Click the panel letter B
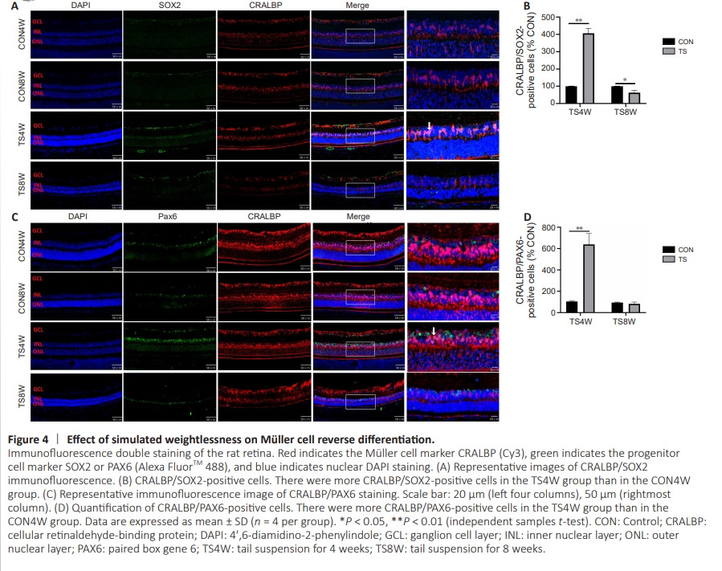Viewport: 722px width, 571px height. point(527,6)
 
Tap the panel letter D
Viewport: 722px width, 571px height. point(527,217)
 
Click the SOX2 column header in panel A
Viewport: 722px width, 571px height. point(169,6)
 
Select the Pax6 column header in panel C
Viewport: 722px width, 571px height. point(169,217)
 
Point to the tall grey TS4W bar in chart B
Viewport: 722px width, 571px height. point(588,68)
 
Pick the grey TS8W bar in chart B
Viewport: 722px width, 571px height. point(634,98)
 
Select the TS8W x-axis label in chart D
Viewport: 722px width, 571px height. point(626,321)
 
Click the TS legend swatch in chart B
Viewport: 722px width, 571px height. point(667,51)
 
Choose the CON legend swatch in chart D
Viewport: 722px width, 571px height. point(667,250)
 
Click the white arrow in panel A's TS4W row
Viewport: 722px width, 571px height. point(430,127)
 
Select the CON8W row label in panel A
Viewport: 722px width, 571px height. point(22,84)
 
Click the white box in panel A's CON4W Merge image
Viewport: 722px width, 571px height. point(360,36)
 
